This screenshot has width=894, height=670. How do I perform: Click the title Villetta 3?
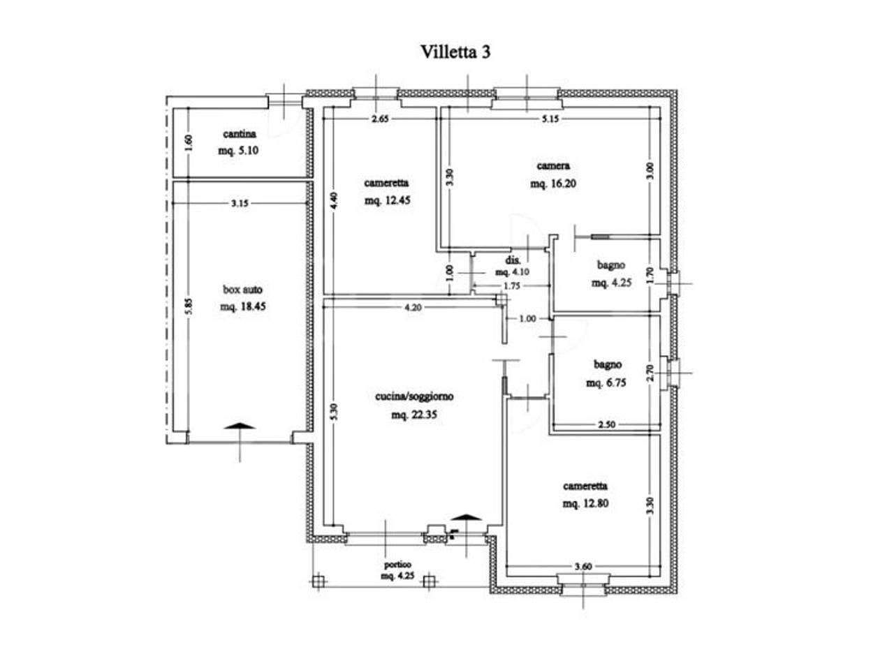tap(455, 52)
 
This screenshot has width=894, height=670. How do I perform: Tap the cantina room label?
tap(240, 134)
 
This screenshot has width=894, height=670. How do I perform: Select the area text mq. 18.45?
tap(243, 306)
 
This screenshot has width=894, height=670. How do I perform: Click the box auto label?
tap(243, 290)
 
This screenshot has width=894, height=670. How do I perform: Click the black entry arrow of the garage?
tap(240, 426)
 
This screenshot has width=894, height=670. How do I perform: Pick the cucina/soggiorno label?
tap(414, 396)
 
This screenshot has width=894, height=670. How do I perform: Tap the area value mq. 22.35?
tap(414, 415)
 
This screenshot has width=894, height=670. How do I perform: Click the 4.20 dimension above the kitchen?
tap(413, 308)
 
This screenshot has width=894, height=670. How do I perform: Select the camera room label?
tap(553, 165)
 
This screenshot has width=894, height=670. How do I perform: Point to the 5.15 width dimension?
tap(550, 119)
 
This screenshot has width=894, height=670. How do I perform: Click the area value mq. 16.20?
tap(553, 184)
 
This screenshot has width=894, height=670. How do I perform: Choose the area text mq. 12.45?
tap(388, 200)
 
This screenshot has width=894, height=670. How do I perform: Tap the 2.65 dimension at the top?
tap(380, 119)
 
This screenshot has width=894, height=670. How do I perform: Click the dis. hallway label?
tap(513, 260)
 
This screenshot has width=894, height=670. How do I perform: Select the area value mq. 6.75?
tap(606, 382)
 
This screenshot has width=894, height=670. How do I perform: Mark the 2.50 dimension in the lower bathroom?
tap(606, 425)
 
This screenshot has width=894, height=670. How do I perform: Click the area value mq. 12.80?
tap(586, 504)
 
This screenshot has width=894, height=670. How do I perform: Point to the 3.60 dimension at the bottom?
tap(582, 566)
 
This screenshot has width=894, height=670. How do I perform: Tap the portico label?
tap(397, 565)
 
